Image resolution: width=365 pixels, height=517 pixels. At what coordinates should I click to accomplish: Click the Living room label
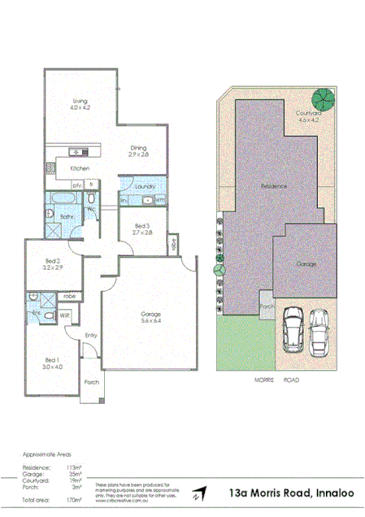(78, 102)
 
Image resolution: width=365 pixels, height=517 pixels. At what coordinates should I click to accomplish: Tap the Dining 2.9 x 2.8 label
(139, 150)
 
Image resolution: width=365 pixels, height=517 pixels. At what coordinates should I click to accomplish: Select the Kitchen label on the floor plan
(79, 168)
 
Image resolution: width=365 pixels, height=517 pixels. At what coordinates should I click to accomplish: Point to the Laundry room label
(146, 187)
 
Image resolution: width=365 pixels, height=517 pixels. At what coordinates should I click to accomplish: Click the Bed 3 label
(141, 228)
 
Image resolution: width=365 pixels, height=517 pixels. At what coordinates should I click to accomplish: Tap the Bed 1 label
(51, 363)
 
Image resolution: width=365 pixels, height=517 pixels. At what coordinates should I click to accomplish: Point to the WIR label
(65, 315)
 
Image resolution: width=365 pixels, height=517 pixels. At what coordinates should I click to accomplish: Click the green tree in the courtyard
(323, 99)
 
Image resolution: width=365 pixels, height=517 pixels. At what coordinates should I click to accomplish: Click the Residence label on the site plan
(274, 187)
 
